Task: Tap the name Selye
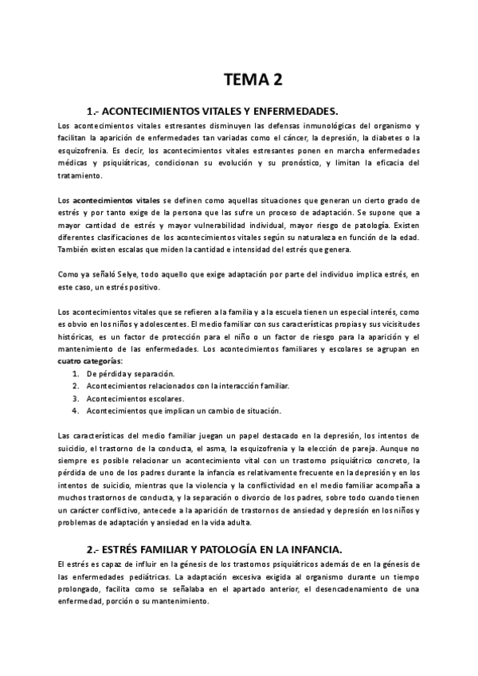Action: (x=116, y=274)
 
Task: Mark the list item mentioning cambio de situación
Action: (x=183, y=411)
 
